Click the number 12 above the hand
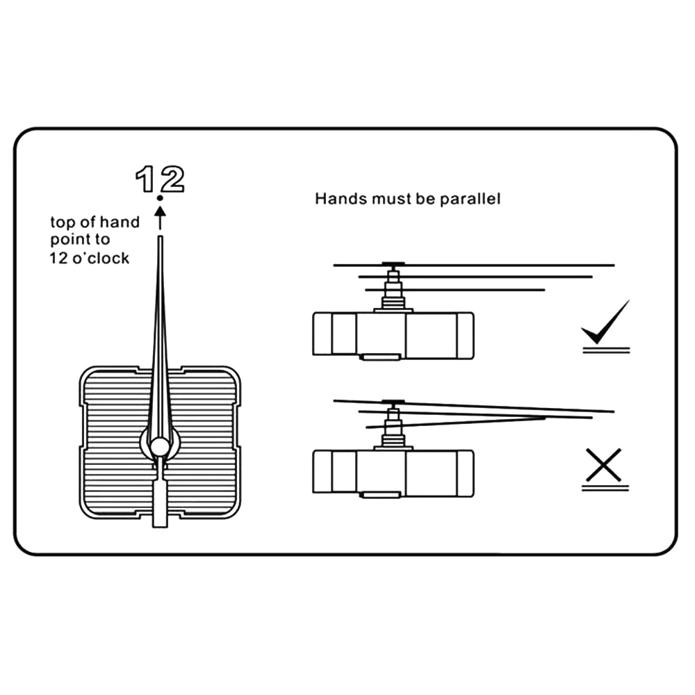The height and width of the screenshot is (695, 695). [160, 179]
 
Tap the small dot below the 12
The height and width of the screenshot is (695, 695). [160, 199]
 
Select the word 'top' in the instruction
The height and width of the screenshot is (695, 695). [62, 223]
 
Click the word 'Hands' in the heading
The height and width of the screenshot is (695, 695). [338, 199]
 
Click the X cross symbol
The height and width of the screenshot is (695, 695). [604, 465]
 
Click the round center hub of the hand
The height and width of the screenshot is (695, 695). [160, 447]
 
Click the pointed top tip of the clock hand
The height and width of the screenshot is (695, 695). [160, 240]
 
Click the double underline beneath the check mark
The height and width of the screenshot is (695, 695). [605, 350]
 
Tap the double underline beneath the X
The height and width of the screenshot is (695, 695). [605, 489]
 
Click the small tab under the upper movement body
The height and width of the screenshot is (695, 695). [381, 357]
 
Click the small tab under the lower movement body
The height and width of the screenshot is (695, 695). [381, 494]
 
